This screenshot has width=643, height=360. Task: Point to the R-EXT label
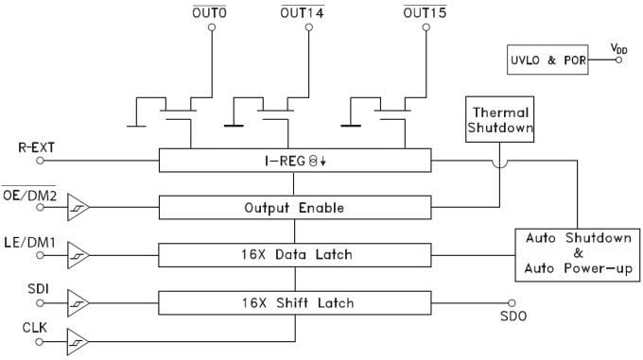pos(38,148)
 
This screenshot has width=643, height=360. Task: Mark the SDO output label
pos(512,316)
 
